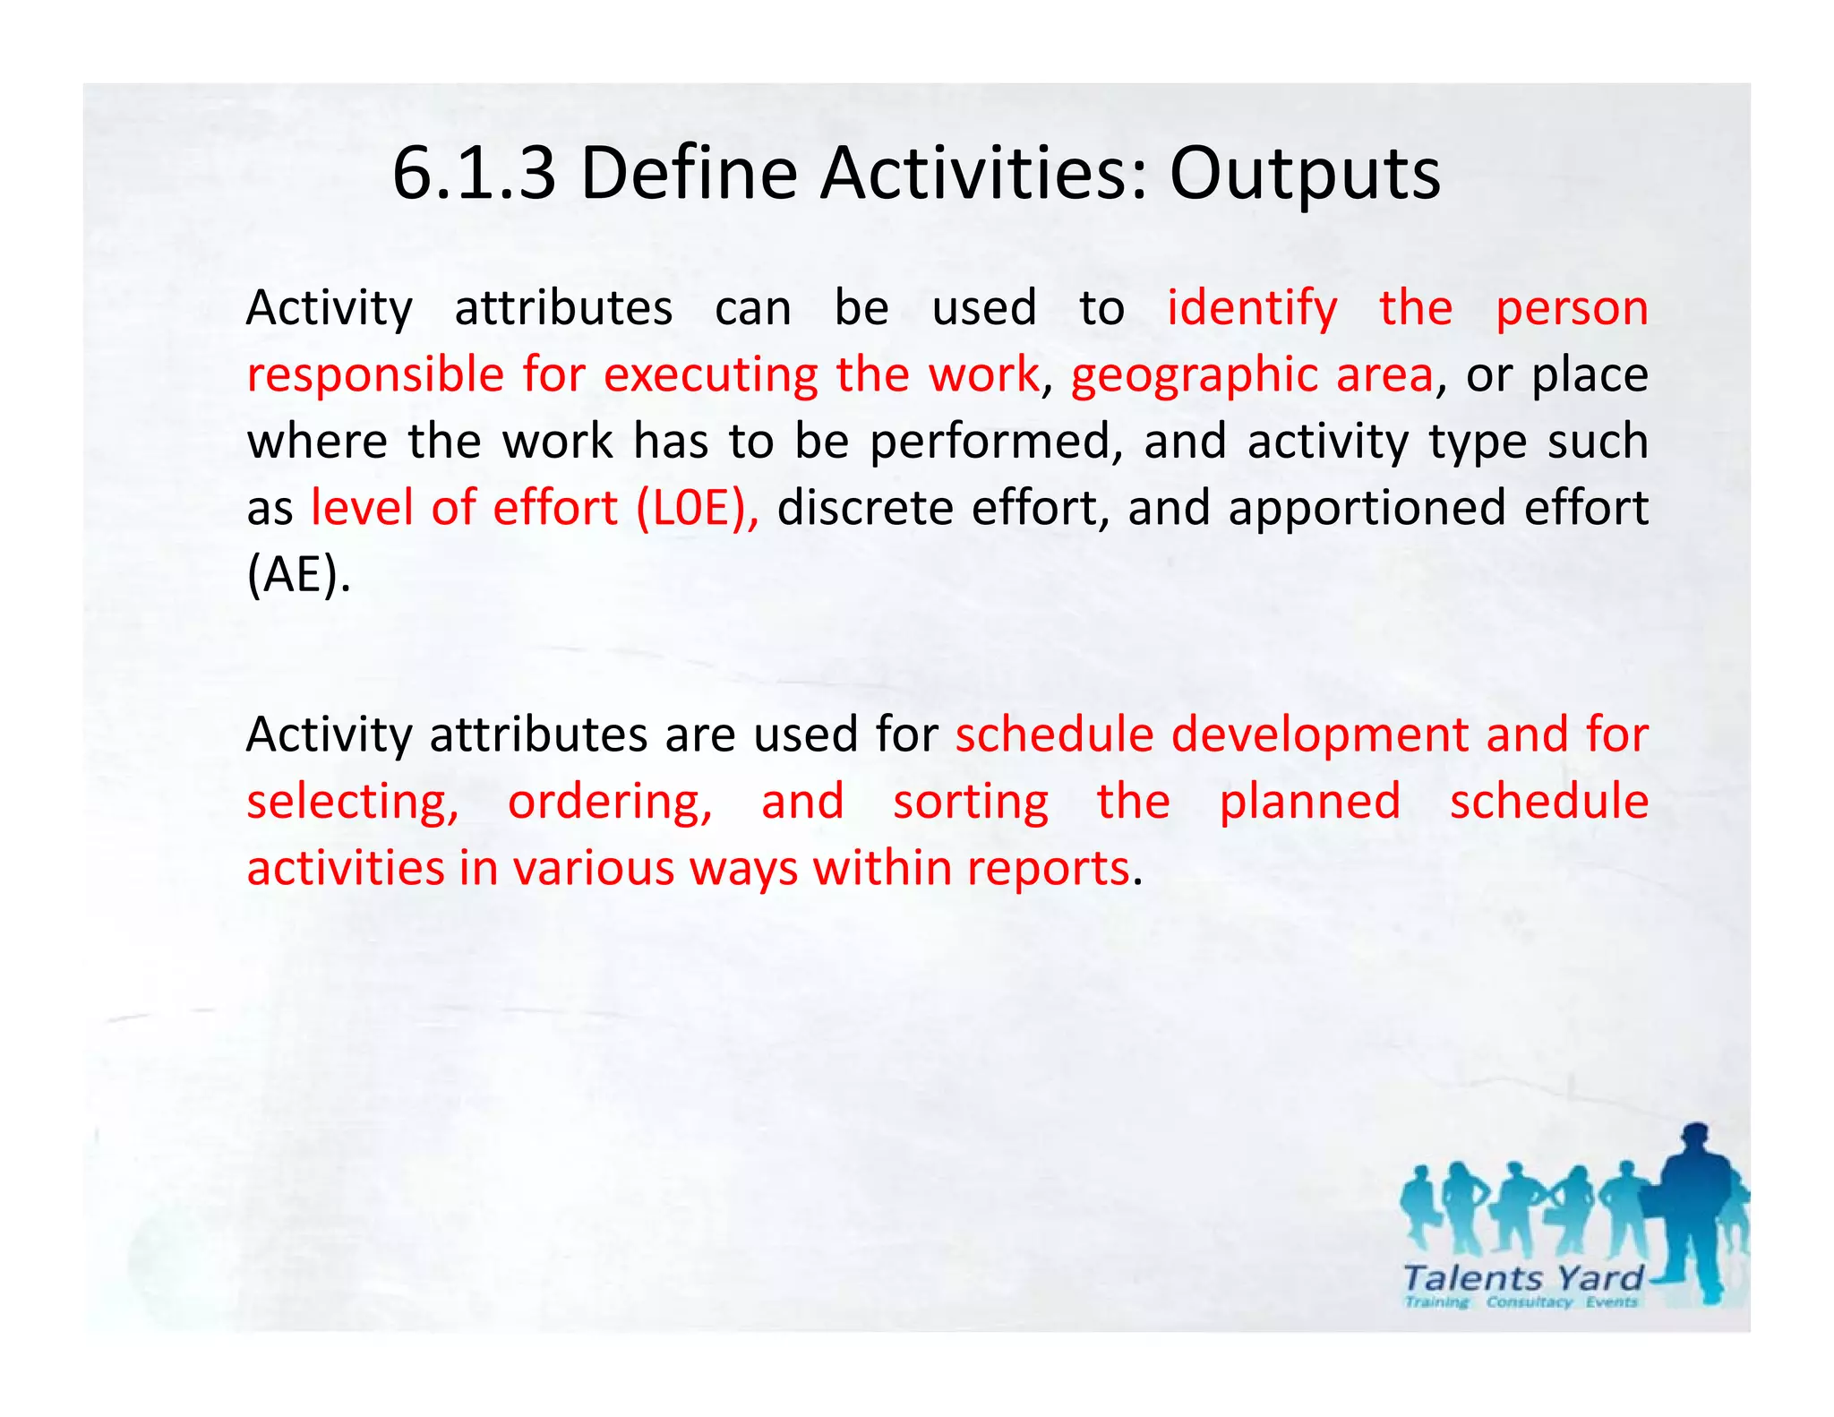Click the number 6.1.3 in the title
[x=474, y=173]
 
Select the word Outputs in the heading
[x=1305, y=173]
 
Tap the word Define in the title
[x=689, y=173]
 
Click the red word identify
[x=1252, y=309]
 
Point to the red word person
[x=1572, y=309]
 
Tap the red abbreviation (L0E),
[x=698, y=508]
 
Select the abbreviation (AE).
[x=298, y=575]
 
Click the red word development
[x=1319, y=735]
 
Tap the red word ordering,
[x=610, y=802]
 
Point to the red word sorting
[x=971, y=802]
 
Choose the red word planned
[x=1309, y=802]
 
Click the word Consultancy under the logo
[x=1529, y=1302]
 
